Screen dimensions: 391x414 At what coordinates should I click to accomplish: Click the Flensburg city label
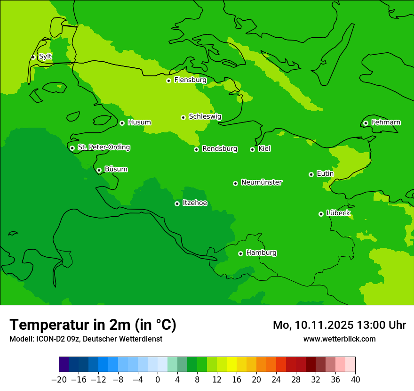click(x=190, y=80)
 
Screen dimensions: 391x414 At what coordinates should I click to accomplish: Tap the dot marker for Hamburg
click(x=240, y=253)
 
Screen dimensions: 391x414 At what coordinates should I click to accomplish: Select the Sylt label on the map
click(x=45, y=57)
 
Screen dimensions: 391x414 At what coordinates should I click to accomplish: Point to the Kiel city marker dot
click(x=252, y=149)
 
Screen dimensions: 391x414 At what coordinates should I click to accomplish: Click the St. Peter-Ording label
click(x=103, y=147)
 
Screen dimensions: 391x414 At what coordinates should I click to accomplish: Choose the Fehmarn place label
click(x=386, y=122)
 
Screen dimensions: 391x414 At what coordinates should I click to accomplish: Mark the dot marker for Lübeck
click(x=321, y=214)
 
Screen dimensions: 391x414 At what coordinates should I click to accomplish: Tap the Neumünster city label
click(x=261, y=182)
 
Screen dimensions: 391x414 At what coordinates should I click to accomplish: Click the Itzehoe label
click(x=195, y=203)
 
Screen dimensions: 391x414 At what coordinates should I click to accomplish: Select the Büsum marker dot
click(x=99, y=170)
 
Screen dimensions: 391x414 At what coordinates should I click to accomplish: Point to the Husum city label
click(x=139, y=122)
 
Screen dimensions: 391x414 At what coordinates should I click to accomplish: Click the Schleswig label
click(x=205, y=116)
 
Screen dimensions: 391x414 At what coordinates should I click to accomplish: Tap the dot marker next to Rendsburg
click(x=196, y=149)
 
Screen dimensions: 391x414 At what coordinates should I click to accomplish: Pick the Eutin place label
click(x=325, y=174)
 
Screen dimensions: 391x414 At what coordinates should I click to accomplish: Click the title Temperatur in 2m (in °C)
click(x=93, y=325)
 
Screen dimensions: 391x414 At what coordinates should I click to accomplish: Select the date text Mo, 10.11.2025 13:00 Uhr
click(x=339, y=325)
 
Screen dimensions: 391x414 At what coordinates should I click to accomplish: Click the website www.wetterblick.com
click(x=339, y=339)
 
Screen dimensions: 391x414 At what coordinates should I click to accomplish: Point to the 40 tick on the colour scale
click(x=355, y=380)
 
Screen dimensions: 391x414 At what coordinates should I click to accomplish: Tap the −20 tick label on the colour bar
click(x=59, y=380)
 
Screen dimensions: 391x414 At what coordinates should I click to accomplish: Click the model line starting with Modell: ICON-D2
click(x=86, y=339)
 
